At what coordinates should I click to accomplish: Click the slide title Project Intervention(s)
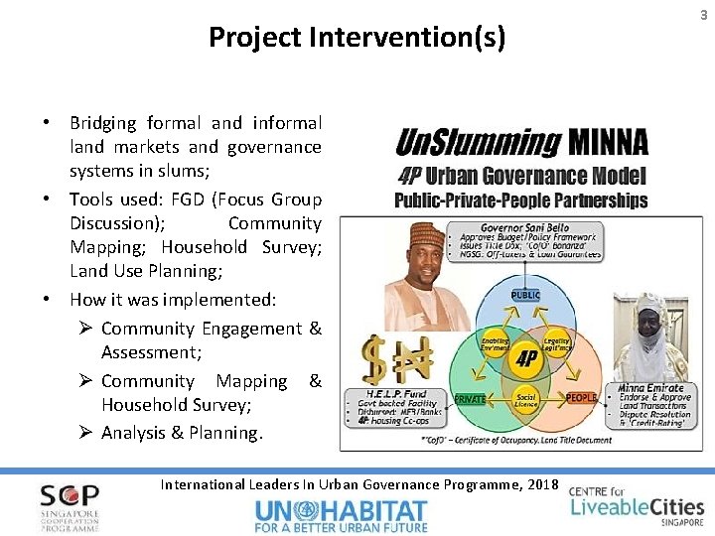point(357,38)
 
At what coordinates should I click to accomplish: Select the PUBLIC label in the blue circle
point(525,295)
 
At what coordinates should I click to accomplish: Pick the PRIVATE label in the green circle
point(470,398)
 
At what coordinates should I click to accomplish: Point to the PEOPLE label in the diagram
point(581,397)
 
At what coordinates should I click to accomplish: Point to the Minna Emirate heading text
point(649,388)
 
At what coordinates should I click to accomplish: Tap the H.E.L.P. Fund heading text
point(390,393)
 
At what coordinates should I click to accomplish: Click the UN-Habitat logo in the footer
point(342,515)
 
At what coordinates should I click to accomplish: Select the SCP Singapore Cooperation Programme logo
point(70,506)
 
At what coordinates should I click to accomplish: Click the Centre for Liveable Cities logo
point(636,503)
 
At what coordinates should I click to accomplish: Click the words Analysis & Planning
point(182,432)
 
